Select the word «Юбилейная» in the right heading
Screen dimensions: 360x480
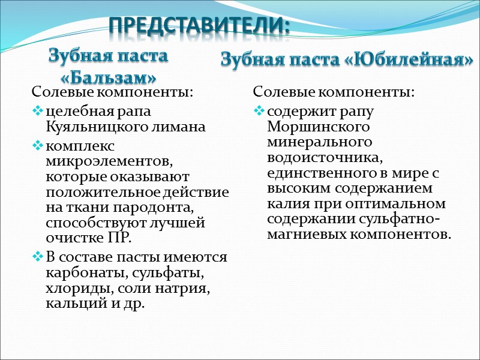tap(408, 60)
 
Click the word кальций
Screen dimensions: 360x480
tap(70, 304)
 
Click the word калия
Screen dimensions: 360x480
tap(287, 203)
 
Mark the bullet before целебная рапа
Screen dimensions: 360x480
tap(38, 112)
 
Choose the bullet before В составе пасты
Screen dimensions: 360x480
tap(38, 258)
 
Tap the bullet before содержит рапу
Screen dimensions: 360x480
tap(259, 112)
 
